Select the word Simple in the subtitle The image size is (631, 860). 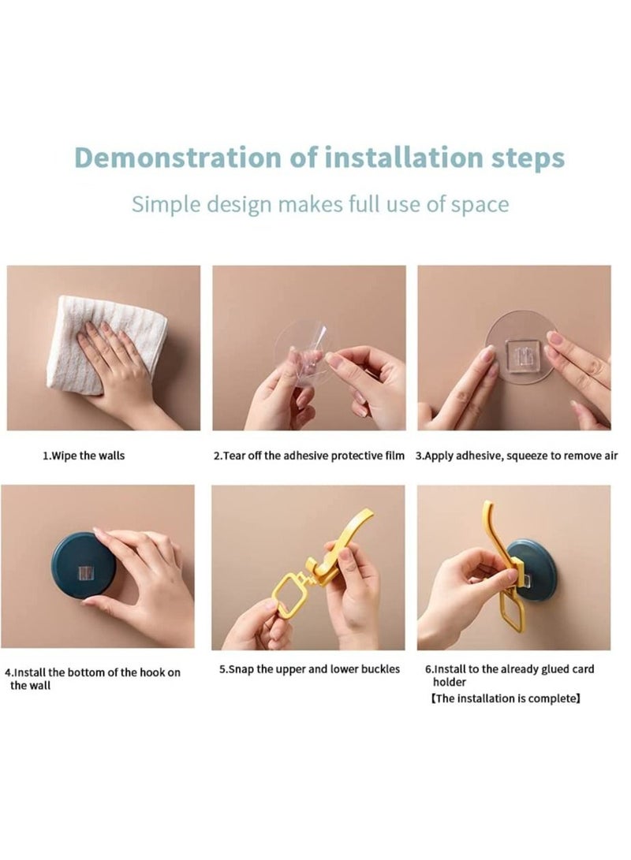coord(166,205)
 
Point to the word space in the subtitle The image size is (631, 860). coord(480,206)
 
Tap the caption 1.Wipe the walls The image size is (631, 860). coord(84,456)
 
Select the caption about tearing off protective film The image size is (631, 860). coord(309,456)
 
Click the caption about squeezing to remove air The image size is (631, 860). coord(517,456)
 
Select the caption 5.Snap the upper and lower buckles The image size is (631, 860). coord(309,670)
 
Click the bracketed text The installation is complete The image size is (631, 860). coord(506,698)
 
